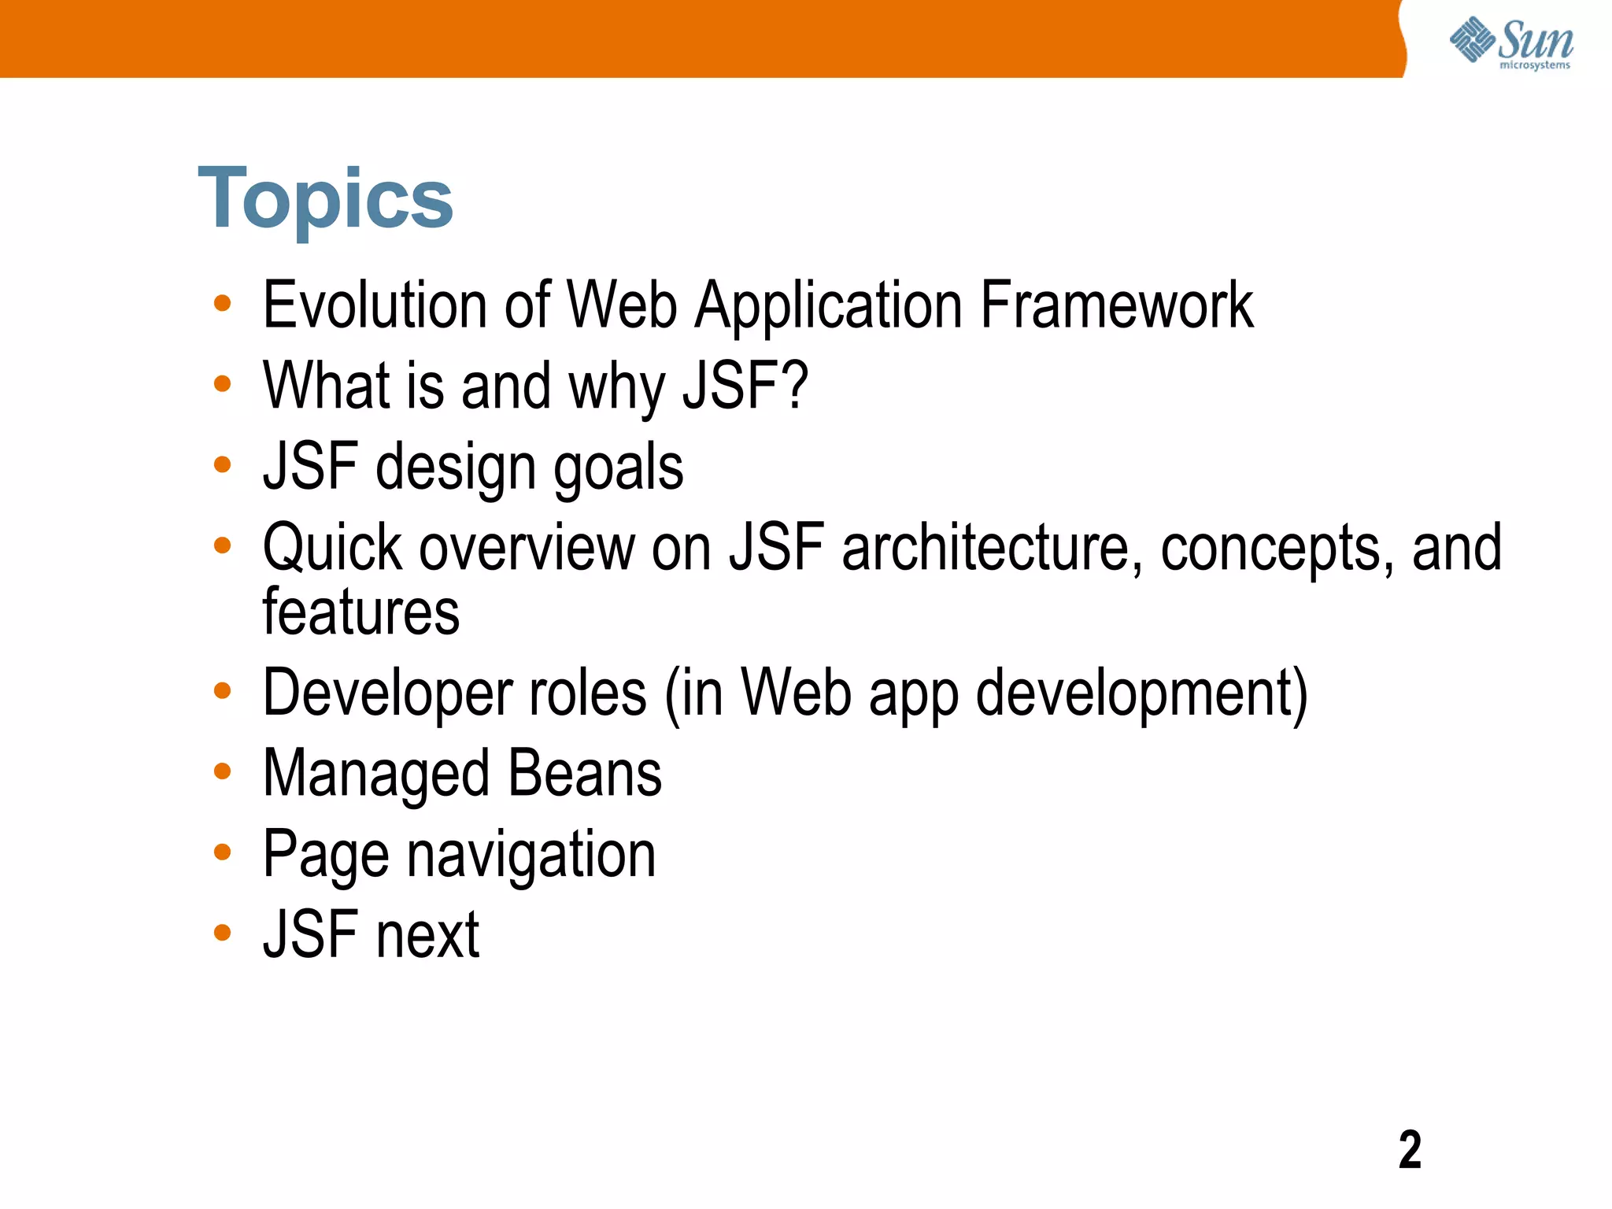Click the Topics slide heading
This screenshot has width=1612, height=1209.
click(325, 199)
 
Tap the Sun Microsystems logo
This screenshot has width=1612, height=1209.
click(1511, 43)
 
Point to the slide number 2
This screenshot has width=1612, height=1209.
click(1410, 1150)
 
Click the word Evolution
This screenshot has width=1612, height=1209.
click(374, 305)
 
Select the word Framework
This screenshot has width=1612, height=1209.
click(1116, 305)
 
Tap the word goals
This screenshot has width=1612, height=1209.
click(618, 468)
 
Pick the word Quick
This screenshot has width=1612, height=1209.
click(332, 548)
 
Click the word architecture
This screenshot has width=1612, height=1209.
click(991, 548)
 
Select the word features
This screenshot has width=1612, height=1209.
click(360, 612)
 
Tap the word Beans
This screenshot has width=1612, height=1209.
click(584, 774)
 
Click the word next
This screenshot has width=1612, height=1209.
click(427, 935)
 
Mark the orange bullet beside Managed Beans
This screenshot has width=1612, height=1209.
click(223, 771)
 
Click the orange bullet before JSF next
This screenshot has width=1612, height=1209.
click(223, 933)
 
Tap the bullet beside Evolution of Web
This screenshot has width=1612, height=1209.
click(223, 303)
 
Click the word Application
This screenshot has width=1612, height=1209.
click(828, 305)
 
